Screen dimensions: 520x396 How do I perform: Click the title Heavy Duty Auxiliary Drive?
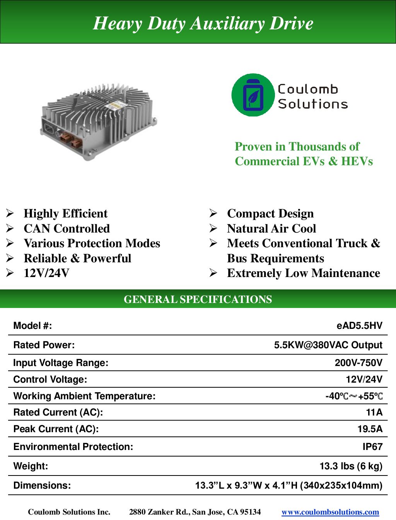[203, 23]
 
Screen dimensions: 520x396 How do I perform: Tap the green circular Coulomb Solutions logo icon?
[253, 95]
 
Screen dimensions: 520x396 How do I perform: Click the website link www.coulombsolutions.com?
[330, 512]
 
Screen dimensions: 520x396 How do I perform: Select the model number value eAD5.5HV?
[359, 326]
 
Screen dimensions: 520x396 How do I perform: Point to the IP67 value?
[372, 447]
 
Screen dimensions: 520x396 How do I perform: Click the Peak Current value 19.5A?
[370, 429]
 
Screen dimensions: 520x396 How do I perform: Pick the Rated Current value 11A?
[374, 412]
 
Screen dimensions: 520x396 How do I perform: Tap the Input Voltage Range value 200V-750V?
[358, 363]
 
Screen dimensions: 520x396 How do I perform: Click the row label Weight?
[31, 466]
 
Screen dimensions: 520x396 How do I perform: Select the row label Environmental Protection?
[73, 447]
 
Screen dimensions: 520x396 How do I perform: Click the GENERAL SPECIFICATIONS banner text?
[198, 299]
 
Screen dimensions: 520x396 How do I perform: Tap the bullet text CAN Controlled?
[67, 229]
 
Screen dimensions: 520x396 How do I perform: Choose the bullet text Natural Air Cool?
[271, 229]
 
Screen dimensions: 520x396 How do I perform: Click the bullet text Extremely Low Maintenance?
[304, 273]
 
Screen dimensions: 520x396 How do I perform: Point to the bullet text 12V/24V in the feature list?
[46, 273]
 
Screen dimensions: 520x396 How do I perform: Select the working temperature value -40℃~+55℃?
[354, 396]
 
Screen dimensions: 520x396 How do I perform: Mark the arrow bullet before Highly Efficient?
[10, 214]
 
